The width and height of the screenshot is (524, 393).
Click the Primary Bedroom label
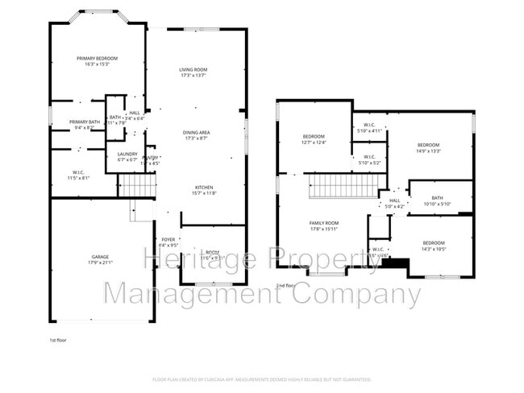tap(97, 59)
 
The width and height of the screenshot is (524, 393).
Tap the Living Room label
tap(193, 70)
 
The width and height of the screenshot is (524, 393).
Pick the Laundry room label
tap(127, 154)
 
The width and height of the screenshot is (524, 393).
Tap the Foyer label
tap(168, 240)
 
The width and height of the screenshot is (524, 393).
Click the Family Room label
tap(324, 223)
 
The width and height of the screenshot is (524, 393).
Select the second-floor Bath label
tap(437, 198)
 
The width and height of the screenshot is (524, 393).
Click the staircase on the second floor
tap(342, 188)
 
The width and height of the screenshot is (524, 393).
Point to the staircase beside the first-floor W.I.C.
tap(137, 185)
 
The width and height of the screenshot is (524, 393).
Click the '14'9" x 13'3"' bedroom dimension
tap(429, 151)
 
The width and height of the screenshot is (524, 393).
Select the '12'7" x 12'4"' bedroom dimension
tap(314, 143)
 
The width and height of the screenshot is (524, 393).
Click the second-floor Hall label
tap(394, 201)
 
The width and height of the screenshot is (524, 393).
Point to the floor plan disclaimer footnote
tap(261, 379)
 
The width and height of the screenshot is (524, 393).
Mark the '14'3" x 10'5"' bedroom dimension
tap(434, 249)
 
